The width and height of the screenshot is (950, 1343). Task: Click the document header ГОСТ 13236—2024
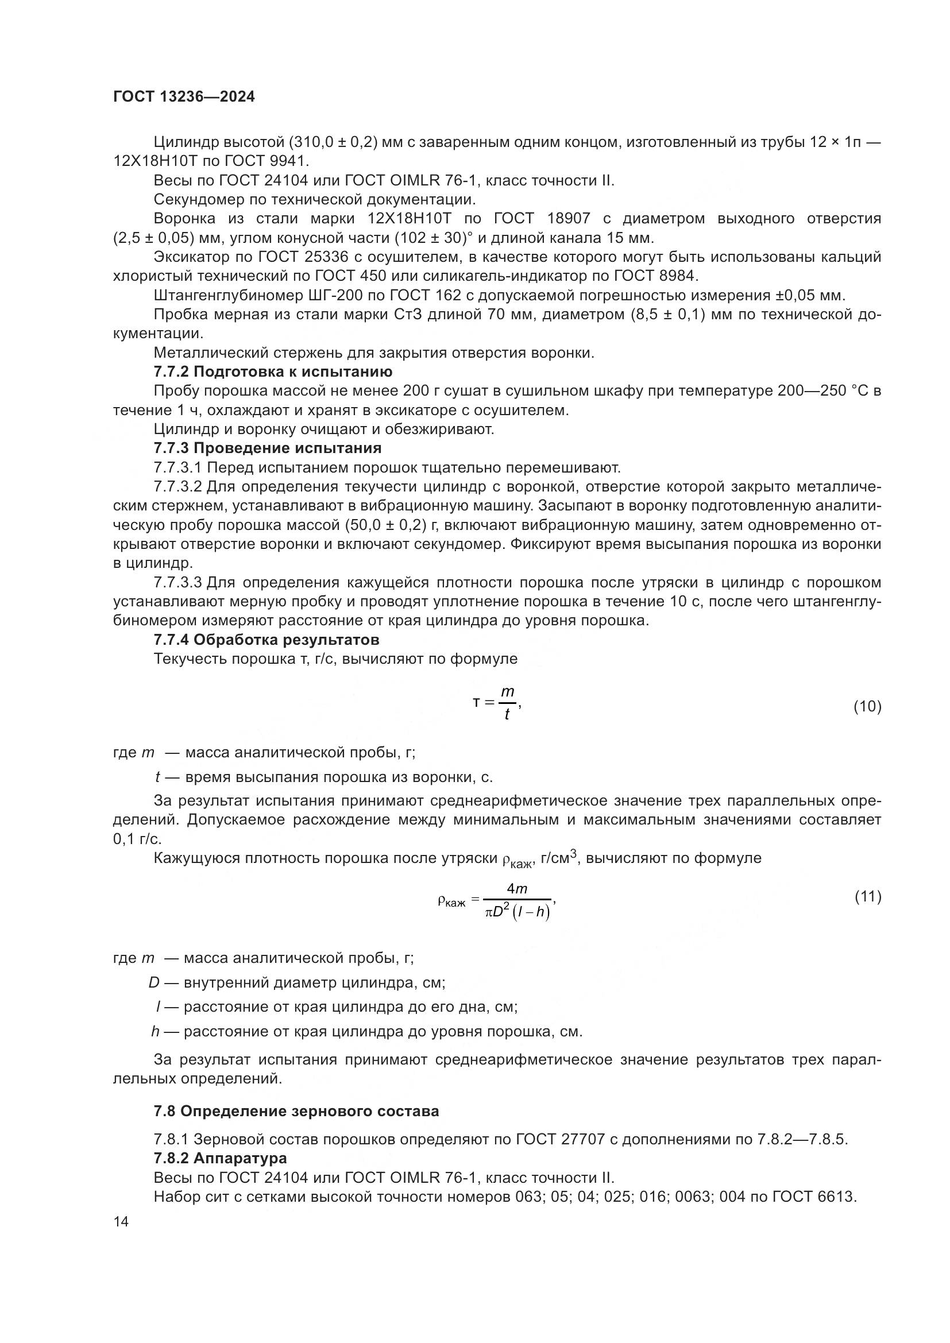pyautogui.click(x=184, y=97)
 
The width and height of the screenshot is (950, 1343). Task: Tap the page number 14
pyautogui.click(x=121, y=1222)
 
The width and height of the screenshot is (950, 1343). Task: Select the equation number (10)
pyautogui.click(x=867, y=707)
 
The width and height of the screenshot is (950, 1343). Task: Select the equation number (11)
pyautogui.click(x=867, y=897)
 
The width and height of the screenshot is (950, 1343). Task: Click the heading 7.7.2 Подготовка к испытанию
pyautogui.click(x=273, y=372)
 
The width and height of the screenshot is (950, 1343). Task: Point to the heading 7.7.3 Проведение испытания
pyautogui.click(x=267, y=448)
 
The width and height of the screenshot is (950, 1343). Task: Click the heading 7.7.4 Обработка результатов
pyautogui.click(x=266, y=640)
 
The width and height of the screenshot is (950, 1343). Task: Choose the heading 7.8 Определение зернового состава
pyautogui.click(x=296, y=1112)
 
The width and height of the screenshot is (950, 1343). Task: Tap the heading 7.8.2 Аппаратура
pyautogui.click(x=220, y=1159)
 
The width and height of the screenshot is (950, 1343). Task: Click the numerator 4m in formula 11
pyautogui.click(x=517, y=889)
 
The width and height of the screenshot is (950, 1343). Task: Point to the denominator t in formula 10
pyautogui.click(x=507, y=715)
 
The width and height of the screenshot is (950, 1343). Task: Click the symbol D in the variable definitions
pyautogui.click(x=154, y=982)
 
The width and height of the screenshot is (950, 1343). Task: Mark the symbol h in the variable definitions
pyautogui.click(x=156, y=1031)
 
